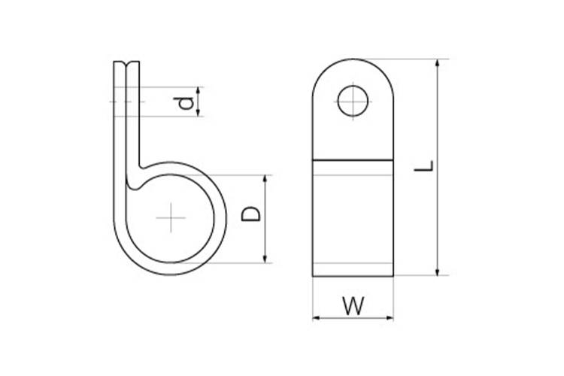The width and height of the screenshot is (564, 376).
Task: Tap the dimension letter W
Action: point(353,306)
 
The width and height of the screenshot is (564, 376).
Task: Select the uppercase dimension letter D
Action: point(251,214)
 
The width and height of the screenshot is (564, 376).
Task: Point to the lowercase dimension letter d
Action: point(183,103)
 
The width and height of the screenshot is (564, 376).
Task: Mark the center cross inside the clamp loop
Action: point(171,217)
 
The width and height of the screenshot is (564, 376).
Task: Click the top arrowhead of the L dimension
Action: point(438,63)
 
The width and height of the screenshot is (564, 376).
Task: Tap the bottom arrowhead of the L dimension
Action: point(438,271)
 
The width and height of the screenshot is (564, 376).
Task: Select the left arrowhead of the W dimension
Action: point(317,317)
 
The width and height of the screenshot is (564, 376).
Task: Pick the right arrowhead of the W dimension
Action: point(390,317)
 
